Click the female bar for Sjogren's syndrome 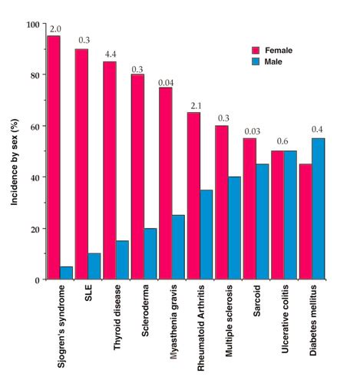tap(53, 157)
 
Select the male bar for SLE tap(94, 266)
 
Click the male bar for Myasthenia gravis tap(179, 246)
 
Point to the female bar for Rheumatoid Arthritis tap(193, 196)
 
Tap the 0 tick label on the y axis tap(37, 279)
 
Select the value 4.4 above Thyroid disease tap(110, 54)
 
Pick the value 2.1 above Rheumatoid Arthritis tap(193, 105)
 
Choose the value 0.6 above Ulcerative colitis tap(283, 142)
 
